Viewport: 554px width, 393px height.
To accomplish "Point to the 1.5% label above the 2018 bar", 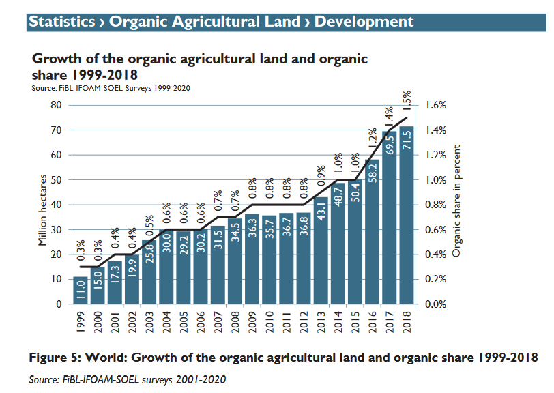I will tap(406, 102).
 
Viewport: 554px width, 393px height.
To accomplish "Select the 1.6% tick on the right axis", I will tap(435, 105).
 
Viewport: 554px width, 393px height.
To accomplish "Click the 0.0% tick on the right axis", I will tap(435, 304).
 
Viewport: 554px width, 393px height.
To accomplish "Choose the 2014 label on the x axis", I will tap(338, 321).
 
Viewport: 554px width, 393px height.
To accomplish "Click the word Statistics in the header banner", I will tap(61, 22).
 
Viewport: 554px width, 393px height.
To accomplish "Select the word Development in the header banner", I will tap(364, 22).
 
